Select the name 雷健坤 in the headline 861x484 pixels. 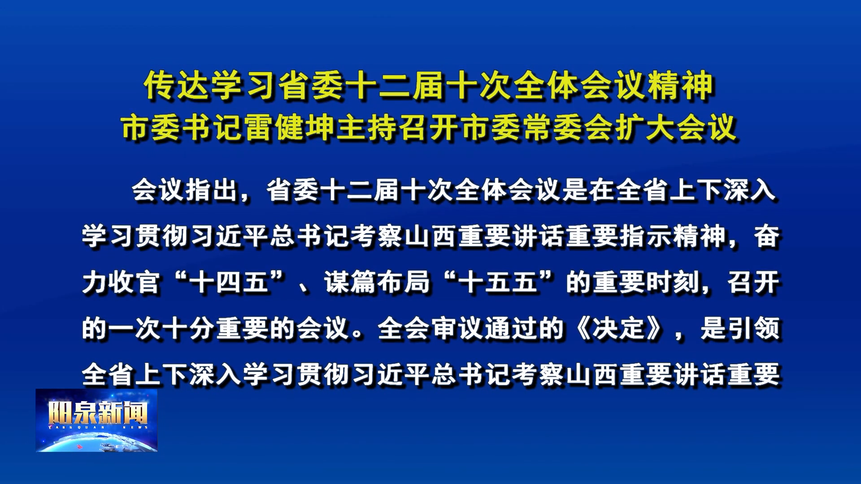(291, 128)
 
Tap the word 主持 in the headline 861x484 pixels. (368, 128)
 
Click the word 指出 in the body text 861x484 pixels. (212, 190)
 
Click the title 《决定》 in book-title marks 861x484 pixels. (619, 328)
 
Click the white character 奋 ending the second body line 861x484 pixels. (766, 236)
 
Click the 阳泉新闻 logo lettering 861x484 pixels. (98, 412)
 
